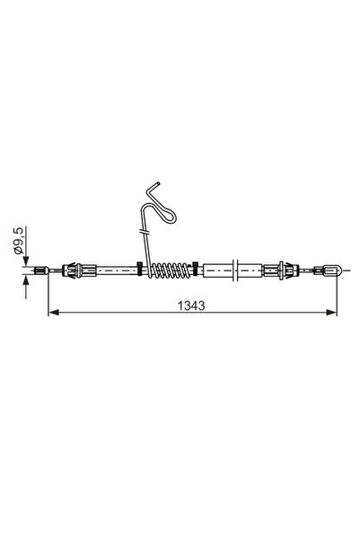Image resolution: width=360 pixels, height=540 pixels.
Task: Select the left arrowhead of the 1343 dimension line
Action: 51,314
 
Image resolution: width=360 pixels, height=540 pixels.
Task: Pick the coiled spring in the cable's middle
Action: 168,269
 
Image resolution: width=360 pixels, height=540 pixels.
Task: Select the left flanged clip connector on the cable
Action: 75,269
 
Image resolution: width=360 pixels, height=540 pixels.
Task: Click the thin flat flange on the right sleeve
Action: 235,269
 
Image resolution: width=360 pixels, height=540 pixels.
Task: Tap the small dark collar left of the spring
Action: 139,269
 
